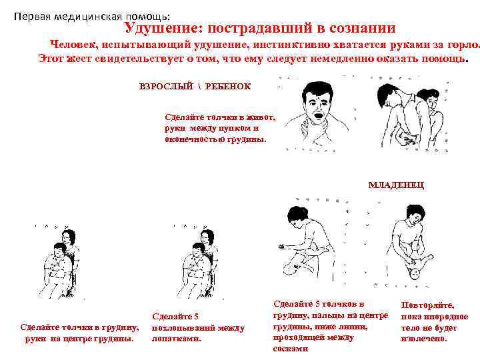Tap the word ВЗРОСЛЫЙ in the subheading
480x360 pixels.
[x=166, y=86]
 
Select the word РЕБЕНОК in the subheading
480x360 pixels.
[x=228, y=86]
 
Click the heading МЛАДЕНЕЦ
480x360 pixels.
[x=396, y=185]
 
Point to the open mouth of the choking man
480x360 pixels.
[x=318, y=116]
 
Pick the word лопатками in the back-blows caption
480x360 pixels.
[x=176, y=339]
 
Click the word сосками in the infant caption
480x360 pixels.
[x=291, y=349]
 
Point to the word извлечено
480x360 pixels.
[x=424, y=339]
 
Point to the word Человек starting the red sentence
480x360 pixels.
[x=73, y=45]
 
